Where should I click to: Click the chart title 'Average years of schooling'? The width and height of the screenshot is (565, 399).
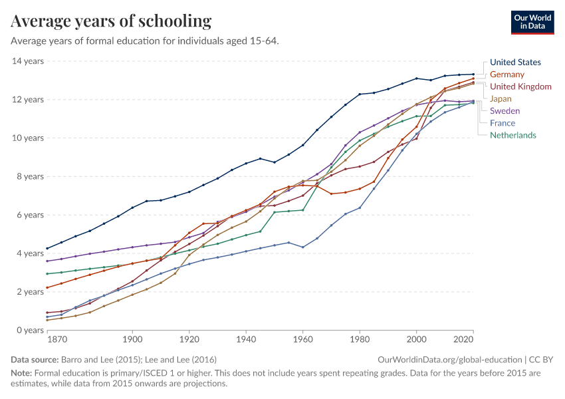click(111, 21)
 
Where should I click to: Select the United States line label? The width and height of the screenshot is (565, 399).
click(515, 63)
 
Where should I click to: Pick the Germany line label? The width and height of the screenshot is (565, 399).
click(507, 74)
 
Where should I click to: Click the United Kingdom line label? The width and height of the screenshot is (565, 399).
click(520, 86)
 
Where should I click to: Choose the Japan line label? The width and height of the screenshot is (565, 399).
click(501, 98)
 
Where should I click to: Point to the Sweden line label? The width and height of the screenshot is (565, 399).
click(505, 111)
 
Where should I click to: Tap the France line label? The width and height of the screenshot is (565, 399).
click(503, 123)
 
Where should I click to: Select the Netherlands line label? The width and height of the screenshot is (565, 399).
click(512, 135)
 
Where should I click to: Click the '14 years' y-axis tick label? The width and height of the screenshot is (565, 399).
click(28, 61)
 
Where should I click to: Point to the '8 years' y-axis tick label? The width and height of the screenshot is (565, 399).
click(30, 177)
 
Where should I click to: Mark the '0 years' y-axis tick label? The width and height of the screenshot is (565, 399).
click(30, 331)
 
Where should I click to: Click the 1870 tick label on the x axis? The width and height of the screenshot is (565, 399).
click(57, 340)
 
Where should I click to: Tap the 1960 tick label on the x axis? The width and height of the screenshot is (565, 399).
click(302, 340)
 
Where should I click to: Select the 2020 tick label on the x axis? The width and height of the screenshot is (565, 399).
click(463, 340)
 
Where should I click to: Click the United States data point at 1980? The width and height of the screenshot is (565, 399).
click(360, 94)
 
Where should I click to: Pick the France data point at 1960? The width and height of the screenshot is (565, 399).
click(303, 247)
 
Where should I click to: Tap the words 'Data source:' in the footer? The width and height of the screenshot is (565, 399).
click(34, 359)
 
